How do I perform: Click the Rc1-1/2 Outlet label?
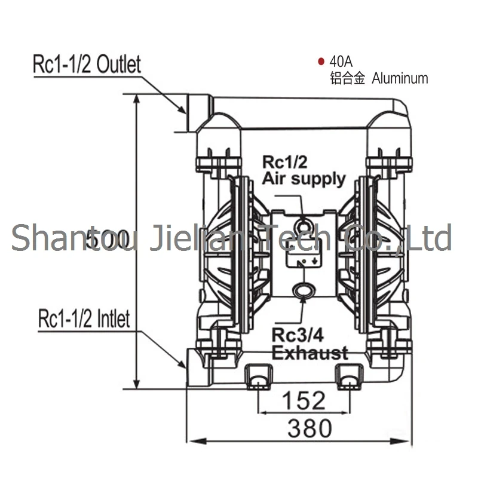[87, 64]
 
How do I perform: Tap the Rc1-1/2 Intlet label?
[84, 318]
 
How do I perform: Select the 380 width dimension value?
[309, 428]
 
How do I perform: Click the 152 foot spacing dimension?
[305, 400]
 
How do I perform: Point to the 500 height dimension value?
[108, 239]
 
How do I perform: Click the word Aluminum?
[400, 78]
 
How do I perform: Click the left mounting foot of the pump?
[259, 376]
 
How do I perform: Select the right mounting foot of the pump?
[350, 376]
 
